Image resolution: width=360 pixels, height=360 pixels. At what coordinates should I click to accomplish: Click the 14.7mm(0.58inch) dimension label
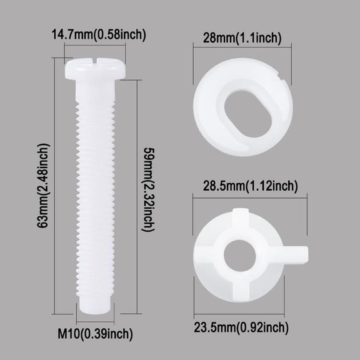pyautogui.click(x=99, y=34)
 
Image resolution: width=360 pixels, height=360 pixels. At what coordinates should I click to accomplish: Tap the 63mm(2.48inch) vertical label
pyautogui.click(x=43, y=186)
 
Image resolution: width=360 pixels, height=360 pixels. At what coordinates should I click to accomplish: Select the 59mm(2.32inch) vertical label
pyautogui.click(x=149, y=189)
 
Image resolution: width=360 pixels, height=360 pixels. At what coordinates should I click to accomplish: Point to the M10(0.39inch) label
pyautogui.click(x=95, y=334)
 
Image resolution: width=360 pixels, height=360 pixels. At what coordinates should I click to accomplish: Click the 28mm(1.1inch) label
pyautogui.click(x=242, y=37)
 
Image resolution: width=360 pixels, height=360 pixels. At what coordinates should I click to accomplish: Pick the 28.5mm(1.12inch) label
pyautogui.click(x=250, y=186)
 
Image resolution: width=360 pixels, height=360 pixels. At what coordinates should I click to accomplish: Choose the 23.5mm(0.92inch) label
pyautogui.click(x=241, y=327)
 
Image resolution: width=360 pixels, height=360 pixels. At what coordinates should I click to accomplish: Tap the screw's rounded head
pyautogui.click(x=95, y=68)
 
